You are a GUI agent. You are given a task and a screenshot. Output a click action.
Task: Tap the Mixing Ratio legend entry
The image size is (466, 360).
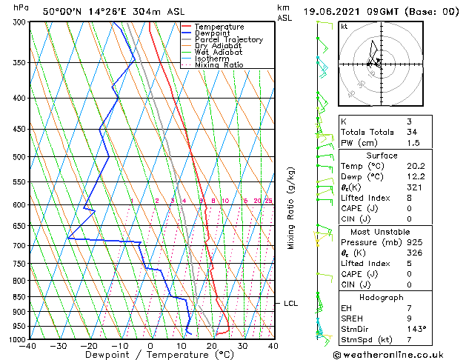[x=219, y=65]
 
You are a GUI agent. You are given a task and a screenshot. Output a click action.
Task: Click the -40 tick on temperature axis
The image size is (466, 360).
[x=28, y=345]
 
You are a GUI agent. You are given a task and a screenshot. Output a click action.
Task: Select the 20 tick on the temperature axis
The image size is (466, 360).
[x=212, y=345]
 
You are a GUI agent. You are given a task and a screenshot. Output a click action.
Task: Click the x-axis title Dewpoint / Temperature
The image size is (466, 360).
[x=150, y=355]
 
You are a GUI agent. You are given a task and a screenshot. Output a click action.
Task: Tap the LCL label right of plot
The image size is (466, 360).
[x=291, y=303]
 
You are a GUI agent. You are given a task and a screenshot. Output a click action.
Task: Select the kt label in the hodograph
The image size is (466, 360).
[x=344, y=27]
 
